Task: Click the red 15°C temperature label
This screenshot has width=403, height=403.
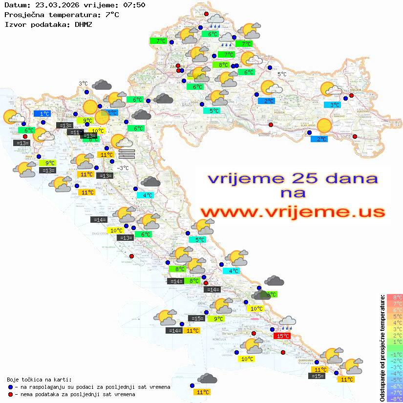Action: click(x=282, y=336)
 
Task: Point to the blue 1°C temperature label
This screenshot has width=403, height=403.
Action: click(x=42, y=114)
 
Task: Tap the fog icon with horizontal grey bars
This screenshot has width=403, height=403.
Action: click(x=127, y=154)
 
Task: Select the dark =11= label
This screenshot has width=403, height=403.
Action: click(x=74, y=132)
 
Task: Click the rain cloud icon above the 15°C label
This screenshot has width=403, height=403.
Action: click(x=287, y=323)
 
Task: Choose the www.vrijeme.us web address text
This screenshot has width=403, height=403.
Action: click(x=292, y=212)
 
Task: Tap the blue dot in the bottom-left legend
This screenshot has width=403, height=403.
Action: click(x=11, y=387)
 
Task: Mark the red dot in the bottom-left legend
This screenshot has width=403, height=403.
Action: click(x=11, y=394)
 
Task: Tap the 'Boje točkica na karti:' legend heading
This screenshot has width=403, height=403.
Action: click(x=39, y=380)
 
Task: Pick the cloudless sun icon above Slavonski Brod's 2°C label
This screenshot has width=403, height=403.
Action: click(x=324, y=126)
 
